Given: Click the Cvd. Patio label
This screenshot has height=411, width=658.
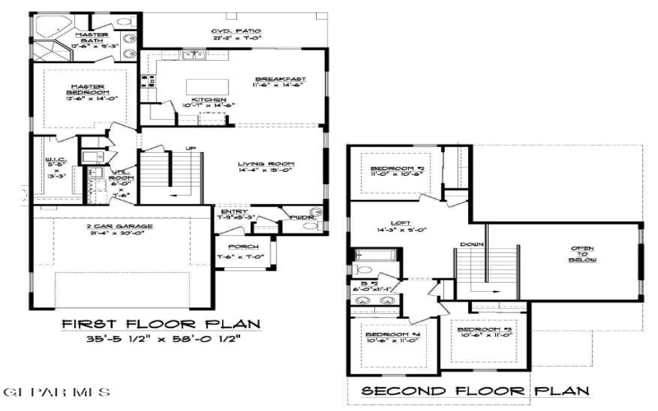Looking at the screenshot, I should pos(236,34).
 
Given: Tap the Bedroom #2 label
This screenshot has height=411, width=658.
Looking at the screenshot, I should pos(396,169).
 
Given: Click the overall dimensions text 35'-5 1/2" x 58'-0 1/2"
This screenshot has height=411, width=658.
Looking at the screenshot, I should pos(156,338).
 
